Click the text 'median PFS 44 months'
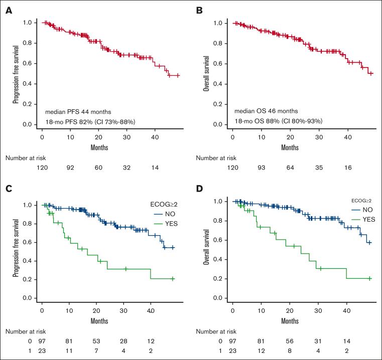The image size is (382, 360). click(x=76, y=111)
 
